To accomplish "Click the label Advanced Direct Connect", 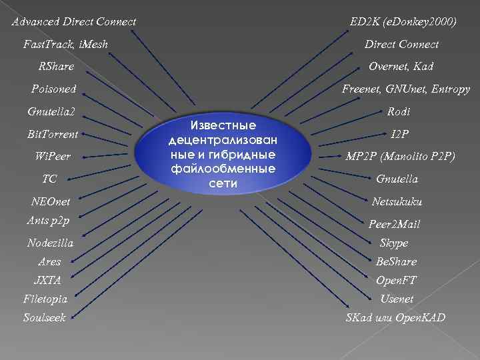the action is pyautogui.click(x=74, y=22).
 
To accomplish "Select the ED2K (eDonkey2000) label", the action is pyautogui.click(x=403, y=22).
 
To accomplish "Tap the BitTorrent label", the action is pyautogui.click(x=53, y=134).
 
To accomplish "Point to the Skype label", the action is pyautogui.click(x=393, y=243).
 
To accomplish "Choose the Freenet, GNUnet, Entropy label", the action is pyautogui.click(x=406, y=89).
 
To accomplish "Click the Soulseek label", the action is pyautogui.click(x=45, y=318).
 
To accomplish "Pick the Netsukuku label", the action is pyautogui.click(x=397, y=201).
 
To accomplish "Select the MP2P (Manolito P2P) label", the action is pyautogui.click(x=400, y=157).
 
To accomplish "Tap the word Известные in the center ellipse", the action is pyautogui.click(x=223, y=126).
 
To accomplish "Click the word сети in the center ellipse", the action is pyautogui.click(x=223, y=183).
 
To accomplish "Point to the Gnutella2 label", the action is pyautogui.click(x=52, y=111).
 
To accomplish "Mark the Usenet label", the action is pyautogui.click(x=397, y=299).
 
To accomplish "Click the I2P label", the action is pyautogui.click(x=400, y=134).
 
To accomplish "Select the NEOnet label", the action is pyautogui.click(x=51, y=201).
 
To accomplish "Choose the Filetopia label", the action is pyautogui.click(x=45, y=299).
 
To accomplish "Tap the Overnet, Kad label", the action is pyautogui.click(x=401, y=66).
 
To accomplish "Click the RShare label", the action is pyautogui.click(x=57, y=66).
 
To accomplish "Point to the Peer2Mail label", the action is pyautogui.click(x=395, y=225).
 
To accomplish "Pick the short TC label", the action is pyautogui.click(x=49, y=179).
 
